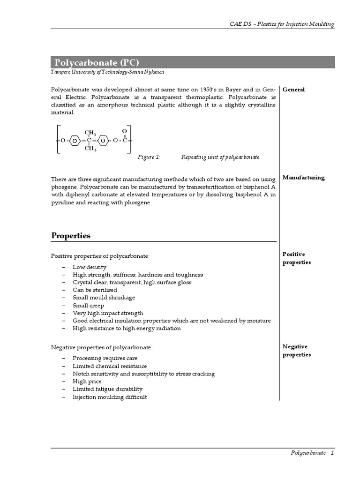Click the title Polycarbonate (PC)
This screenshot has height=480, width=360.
coord(97,62)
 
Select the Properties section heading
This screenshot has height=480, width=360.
coord(71,236)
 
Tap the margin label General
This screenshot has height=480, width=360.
coord(293,90)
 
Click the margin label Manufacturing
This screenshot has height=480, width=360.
coord(303,178)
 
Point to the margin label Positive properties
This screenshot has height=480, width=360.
coord(296,258)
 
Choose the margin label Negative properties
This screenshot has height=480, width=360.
coord(296,351)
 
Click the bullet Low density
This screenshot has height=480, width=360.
coord(90,267)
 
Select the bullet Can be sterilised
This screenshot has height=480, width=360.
coord(95,290)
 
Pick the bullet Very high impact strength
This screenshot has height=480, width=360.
coord(108,313)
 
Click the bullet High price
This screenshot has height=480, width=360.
coord(87,382)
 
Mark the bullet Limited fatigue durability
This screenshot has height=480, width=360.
coord(107,389)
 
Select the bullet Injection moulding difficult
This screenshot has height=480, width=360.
coord(110,397)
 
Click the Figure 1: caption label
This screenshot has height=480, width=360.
coord(149,157)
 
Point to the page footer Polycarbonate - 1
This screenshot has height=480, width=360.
coord(312,453)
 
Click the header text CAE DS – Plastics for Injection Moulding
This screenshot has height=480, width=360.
coord(282,24)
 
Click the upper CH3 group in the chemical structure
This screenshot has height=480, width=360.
coord(90,133)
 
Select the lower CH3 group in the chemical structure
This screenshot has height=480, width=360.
coord(90,149)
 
